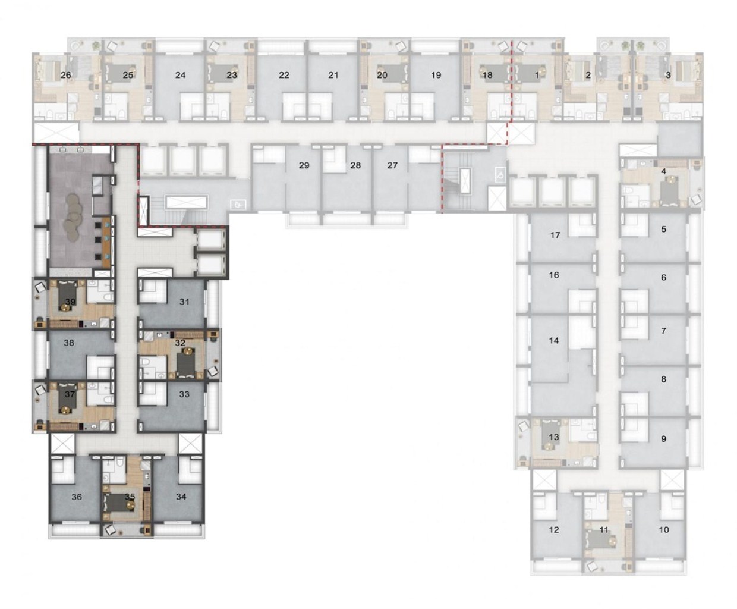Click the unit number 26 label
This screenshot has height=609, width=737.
[65, 75]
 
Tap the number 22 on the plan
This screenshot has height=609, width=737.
[284, 75]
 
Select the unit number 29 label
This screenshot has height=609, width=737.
[304, 165]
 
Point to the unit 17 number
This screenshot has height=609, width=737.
[555, 235]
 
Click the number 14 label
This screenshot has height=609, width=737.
[554, 340]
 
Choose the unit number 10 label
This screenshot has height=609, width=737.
[664, 529]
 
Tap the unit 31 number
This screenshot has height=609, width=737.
[184, 302]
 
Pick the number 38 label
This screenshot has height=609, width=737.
[69, 343]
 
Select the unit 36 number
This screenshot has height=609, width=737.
[77, 497]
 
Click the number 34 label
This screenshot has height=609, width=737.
[181, 497]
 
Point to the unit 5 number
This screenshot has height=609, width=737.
[663, 229]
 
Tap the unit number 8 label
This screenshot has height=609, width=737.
[663, 379]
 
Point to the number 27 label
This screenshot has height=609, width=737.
[392, 165]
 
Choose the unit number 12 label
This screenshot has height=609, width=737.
[554, 529]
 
